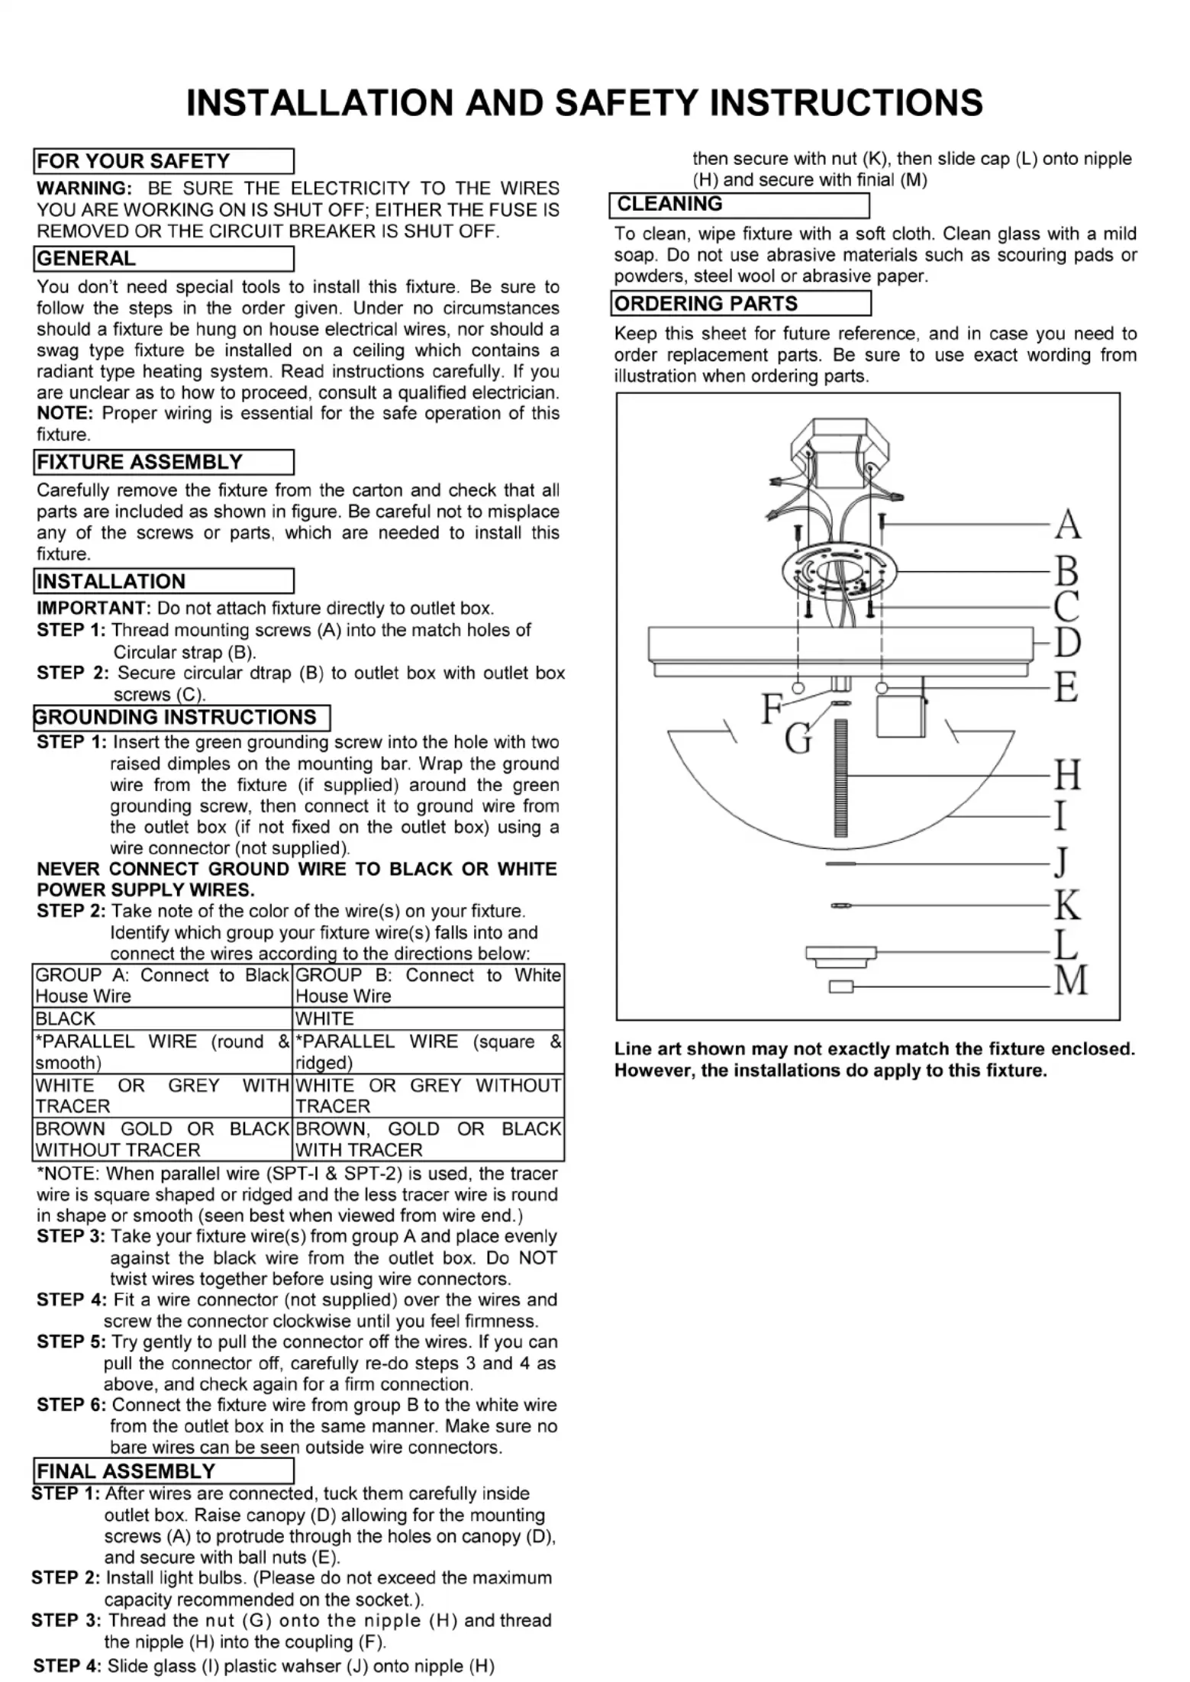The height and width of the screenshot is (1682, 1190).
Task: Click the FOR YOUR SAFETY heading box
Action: coord(163,161)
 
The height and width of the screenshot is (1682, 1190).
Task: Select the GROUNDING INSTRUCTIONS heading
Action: coord(181,718)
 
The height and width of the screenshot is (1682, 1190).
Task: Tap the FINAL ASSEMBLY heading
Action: coord(163,1471)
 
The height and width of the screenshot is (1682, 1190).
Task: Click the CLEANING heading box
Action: coord(739,205)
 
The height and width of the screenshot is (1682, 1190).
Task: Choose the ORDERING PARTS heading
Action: coord(740,304)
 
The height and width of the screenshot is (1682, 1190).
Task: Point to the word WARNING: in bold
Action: coord(84,189)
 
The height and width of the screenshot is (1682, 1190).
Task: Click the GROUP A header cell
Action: coord(162,986)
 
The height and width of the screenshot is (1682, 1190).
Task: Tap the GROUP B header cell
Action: coord(428,986)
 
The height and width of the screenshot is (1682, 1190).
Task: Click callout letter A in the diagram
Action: coord(1068,525)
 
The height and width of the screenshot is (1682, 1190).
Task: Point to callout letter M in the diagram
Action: coord(1071,980)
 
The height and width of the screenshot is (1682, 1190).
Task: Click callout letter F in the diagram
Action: coord(772,709)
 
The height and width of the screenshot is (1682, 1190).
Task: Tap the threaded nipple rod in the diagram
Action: coord(842,779)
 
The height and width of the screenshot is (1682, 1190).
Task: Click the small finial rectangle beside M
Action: coord(840,987)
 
